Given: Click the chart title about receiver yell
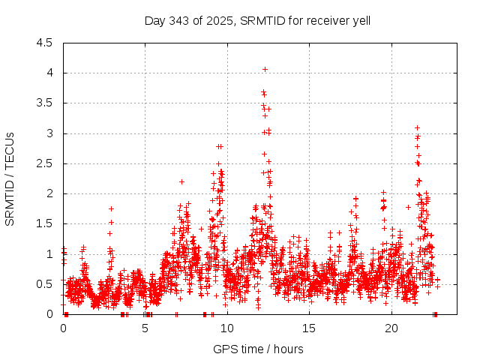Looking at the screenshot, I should (257, 20).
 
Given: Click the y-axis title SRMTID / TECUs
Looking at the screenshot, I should (10, 178).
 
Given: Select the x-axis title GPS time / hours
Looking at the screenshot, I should (257, 349).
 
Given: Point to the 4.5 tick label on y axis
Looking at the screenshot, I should (44, 43).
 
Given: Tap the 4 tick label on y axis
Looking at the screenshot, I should (49, 73).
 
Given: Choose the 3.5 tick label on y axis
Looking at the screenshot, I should (44, 103).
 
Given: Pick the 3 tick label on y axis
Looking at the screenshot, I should (49, 133).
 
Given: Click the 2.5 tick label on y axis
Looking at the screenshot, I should (44, 163).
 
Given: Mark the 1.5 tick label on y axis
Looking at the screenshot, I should (44, 223).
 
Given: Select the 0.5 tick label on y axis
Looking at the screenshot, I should (44, 283).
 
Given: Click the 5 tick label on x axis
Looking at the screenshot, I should (145, 328).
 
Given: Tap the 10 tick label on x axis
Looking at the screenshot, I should (227, 328).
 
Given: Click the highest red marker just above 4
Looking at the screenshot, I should (265, 69).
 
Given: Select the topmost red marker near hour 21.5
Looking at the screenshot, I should (417, 127).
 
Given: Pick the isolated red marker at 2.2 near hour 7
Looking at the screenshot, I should (181, 181).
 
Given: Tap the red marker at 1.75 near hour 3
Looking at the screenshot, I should (111, 208).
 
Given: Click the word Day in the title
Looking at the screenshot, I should (154, 20).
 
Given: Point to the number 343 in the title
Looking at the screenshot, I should (176, 20).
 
